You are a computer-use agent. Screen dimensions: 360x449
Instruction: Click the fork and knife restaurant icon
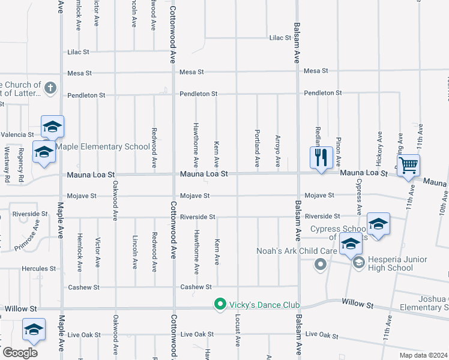click(x=321, y=157)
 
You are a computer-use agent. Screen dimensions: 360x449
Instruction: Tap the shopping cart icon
click(x=408, y=164)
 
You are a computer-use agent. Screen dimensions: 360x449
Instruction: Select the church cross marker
click(x=50, y=88)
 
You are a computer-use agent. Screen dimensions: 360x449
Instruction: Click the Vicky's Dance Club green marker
click(x=220, y=305)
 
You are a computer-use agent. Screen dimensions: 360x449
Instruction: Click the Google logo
click(x=19, y=353)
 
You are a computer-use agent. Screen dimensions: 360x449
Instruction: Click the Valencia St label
click(x=17, y=134)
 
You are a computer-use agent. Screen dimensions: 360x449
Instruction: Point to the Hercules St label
click(x=40, y=269)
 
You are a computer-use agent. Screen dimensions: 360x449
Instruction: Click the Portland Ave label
click(x=257, y=148)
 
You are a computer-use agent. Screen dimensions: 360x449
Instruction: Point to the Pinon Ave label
click(x=339, y=146)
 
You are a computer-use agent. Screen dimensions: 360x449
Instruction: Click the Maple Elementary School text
click(x=103, y=146)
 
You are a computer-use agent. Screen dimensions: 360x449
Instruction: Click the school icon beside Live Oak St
click(x=34, y=329)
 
